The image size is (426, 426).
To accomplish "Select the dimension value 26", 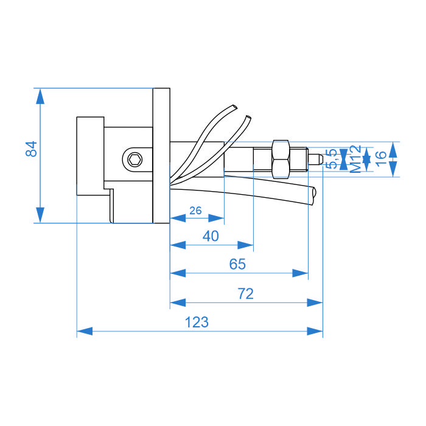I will pyautogui.click(x=195, y=211).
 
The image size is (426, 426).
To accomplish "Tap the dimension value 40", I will pyautogui.click(x=210, y=237).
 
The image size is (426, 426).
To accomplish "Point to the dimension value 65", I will pyautogui.click(x=237, y=265).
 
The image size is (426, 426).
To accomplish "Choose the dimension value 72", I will pyautogui.click(x=245, y=294).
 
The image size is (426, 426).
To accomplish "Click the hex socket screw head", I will pyautogui.click(x=134, y=159).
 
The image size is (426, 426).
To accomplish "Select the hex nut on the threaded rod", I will pyautogui.click(x=280, y=158).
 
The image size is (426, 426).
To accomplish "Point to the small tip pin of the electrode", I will pyautogui.click(x=316, y=159).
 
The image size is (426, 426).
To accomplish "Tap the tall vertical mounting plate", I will pyautogui.click(x=161, y=156).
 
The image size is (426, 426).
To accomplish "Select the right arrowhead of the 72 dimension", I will pyautogui.click(x=315, y=302).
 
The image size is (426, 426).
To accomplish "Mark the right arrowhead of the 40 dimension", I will pyautogui.click(x=245, y=245).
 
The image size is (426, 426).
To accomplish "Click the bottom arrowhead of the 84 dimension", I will pyautogui.click(x=40, y=215).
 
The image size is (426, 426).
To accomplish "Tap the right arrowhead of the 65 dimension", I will pyautogui.click(x=301, y=274).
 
